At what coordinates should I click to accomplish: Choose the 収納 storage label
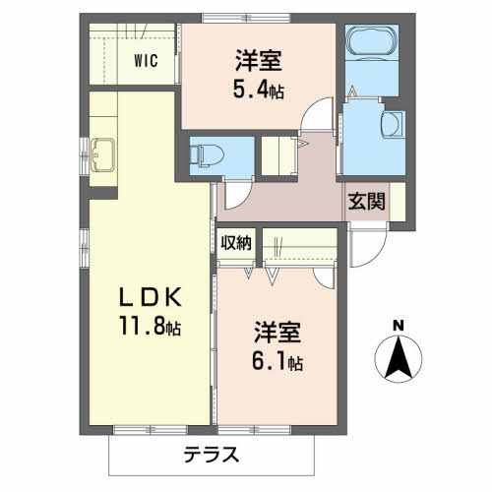pos(236,242)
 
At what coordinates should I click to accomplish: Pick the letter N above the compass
pos(398,326)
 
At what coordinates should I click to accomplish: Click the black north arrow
pos(398,358)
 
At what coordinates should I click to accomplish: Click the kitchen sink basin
pos(101,153)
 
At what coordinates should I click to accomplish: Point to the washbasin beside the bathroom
pos(392,125)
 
